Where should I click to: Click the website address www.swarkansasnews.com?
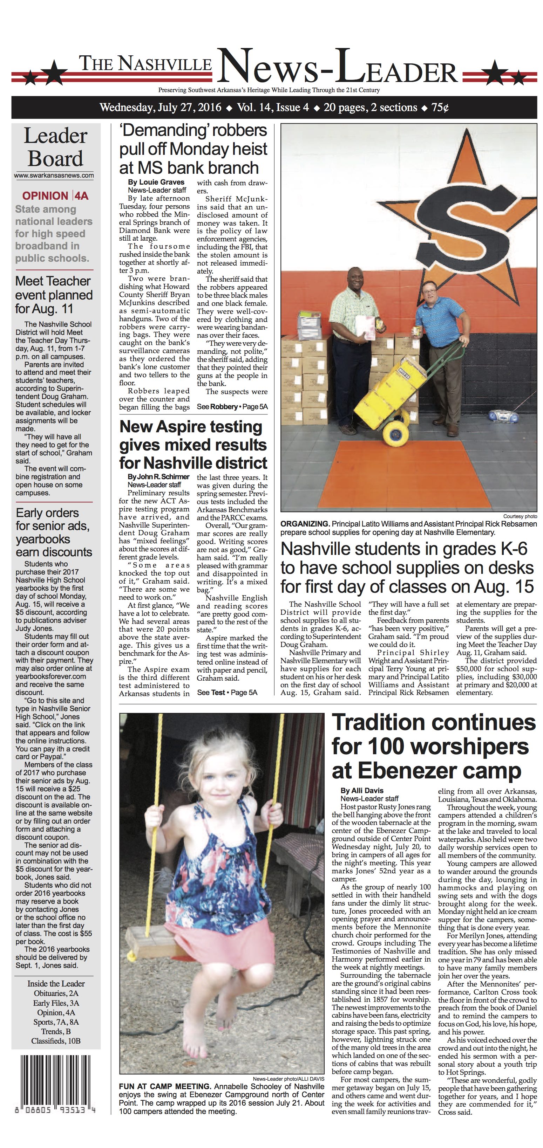(54, 175)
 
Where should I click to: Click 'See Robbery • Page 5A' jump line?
(232, 406)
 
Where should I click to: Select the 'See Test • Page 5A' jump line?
(227, 692)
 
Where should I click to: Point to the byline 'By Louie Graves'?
(156, 182)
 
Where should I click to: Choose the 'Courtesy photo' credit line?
(520, 516)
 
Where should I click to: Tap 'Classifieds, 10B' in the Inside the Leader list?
(56, 1041)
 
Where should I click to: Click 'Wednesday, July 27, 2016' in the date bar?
(161, 108)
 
